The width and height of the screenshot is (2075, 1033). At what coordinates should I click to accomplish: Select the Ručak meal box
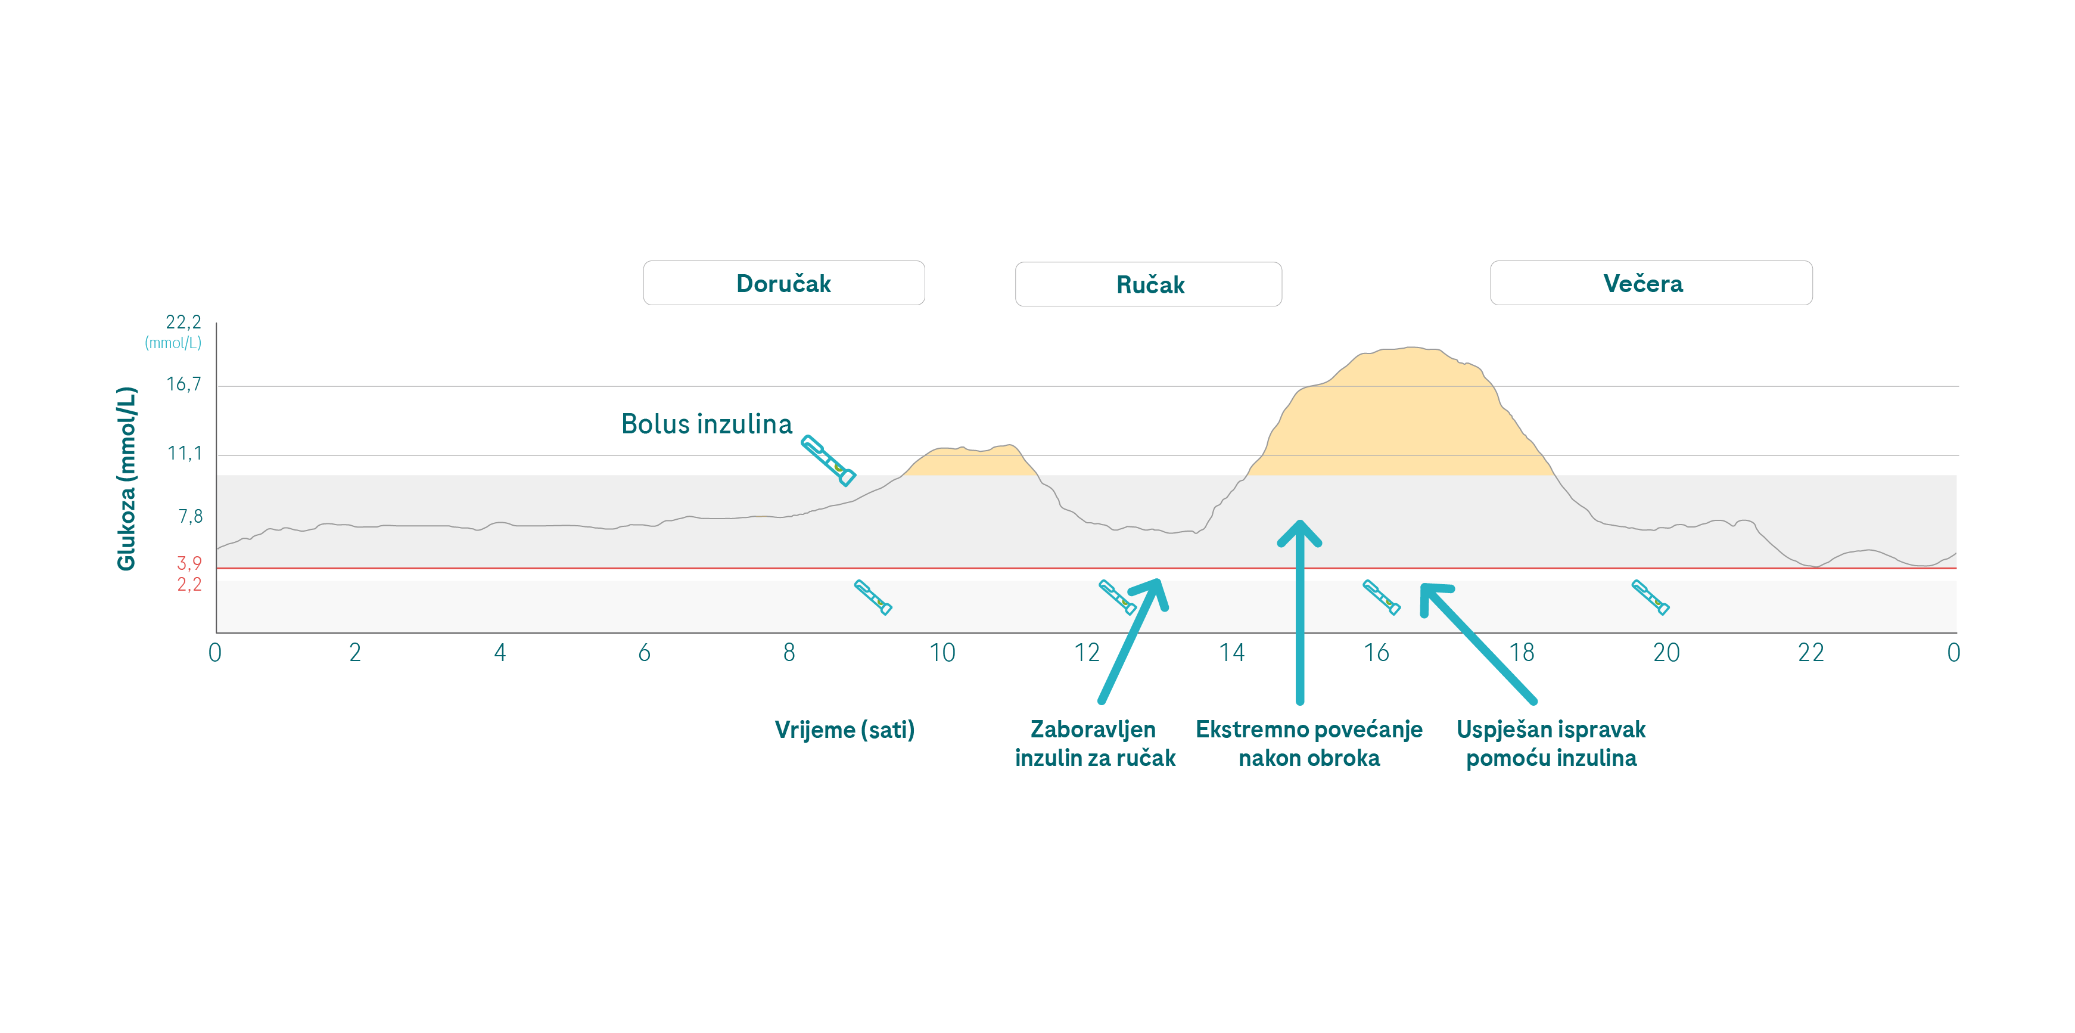pyautogui.click(x=1149, y=284)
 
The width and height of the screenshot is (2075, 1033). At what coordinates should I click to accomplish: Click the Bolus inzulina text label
pyautogui.click(x=707, y=424)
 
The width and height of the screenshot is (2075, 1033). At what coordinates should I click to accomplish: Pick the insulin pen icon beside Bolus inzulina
pyautogui.click(x=828, y=461)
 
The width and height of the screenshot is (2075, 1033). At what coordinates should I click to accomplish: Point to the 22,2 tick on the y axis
pyautogui.click(x=183, y=322)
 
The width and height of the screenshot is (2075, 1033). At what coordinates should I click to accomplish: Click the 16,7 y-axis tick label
pyautogui.click(x=183, y=384)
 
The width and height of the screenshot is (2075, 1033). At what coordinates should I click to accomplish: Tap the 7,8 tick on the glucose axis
pyautogui.click(x=190, y=516)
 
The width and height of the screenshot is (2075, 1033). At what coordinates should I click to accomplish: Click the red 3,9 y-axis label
pyautogui.click(x=189, y=563)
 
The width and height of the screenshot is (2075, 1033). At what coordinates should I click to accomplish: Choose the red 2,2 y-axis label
pyautogui.click(x=189, y=584)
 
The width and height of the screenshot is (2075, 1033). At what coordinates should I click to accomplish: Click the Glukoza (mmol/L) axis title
pyautogui.click(x=126, y=479)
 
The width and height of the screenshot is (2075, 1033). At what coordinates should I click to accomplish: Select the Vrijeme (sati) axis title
pyautogui.click(x=844, y=730)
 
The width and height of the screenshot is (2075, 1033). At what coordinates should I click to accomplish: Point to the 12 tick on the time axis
pyautogui.click(x=1087, y=653)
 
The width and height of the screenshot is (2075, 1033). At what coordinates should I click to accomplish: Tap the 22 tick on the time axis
pyautogui.click(x=1811, y=653)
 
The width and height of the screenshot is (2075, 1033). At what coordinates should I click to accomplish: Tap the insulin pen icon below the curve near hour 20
pyautogui.click(x=1650, y=598)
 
